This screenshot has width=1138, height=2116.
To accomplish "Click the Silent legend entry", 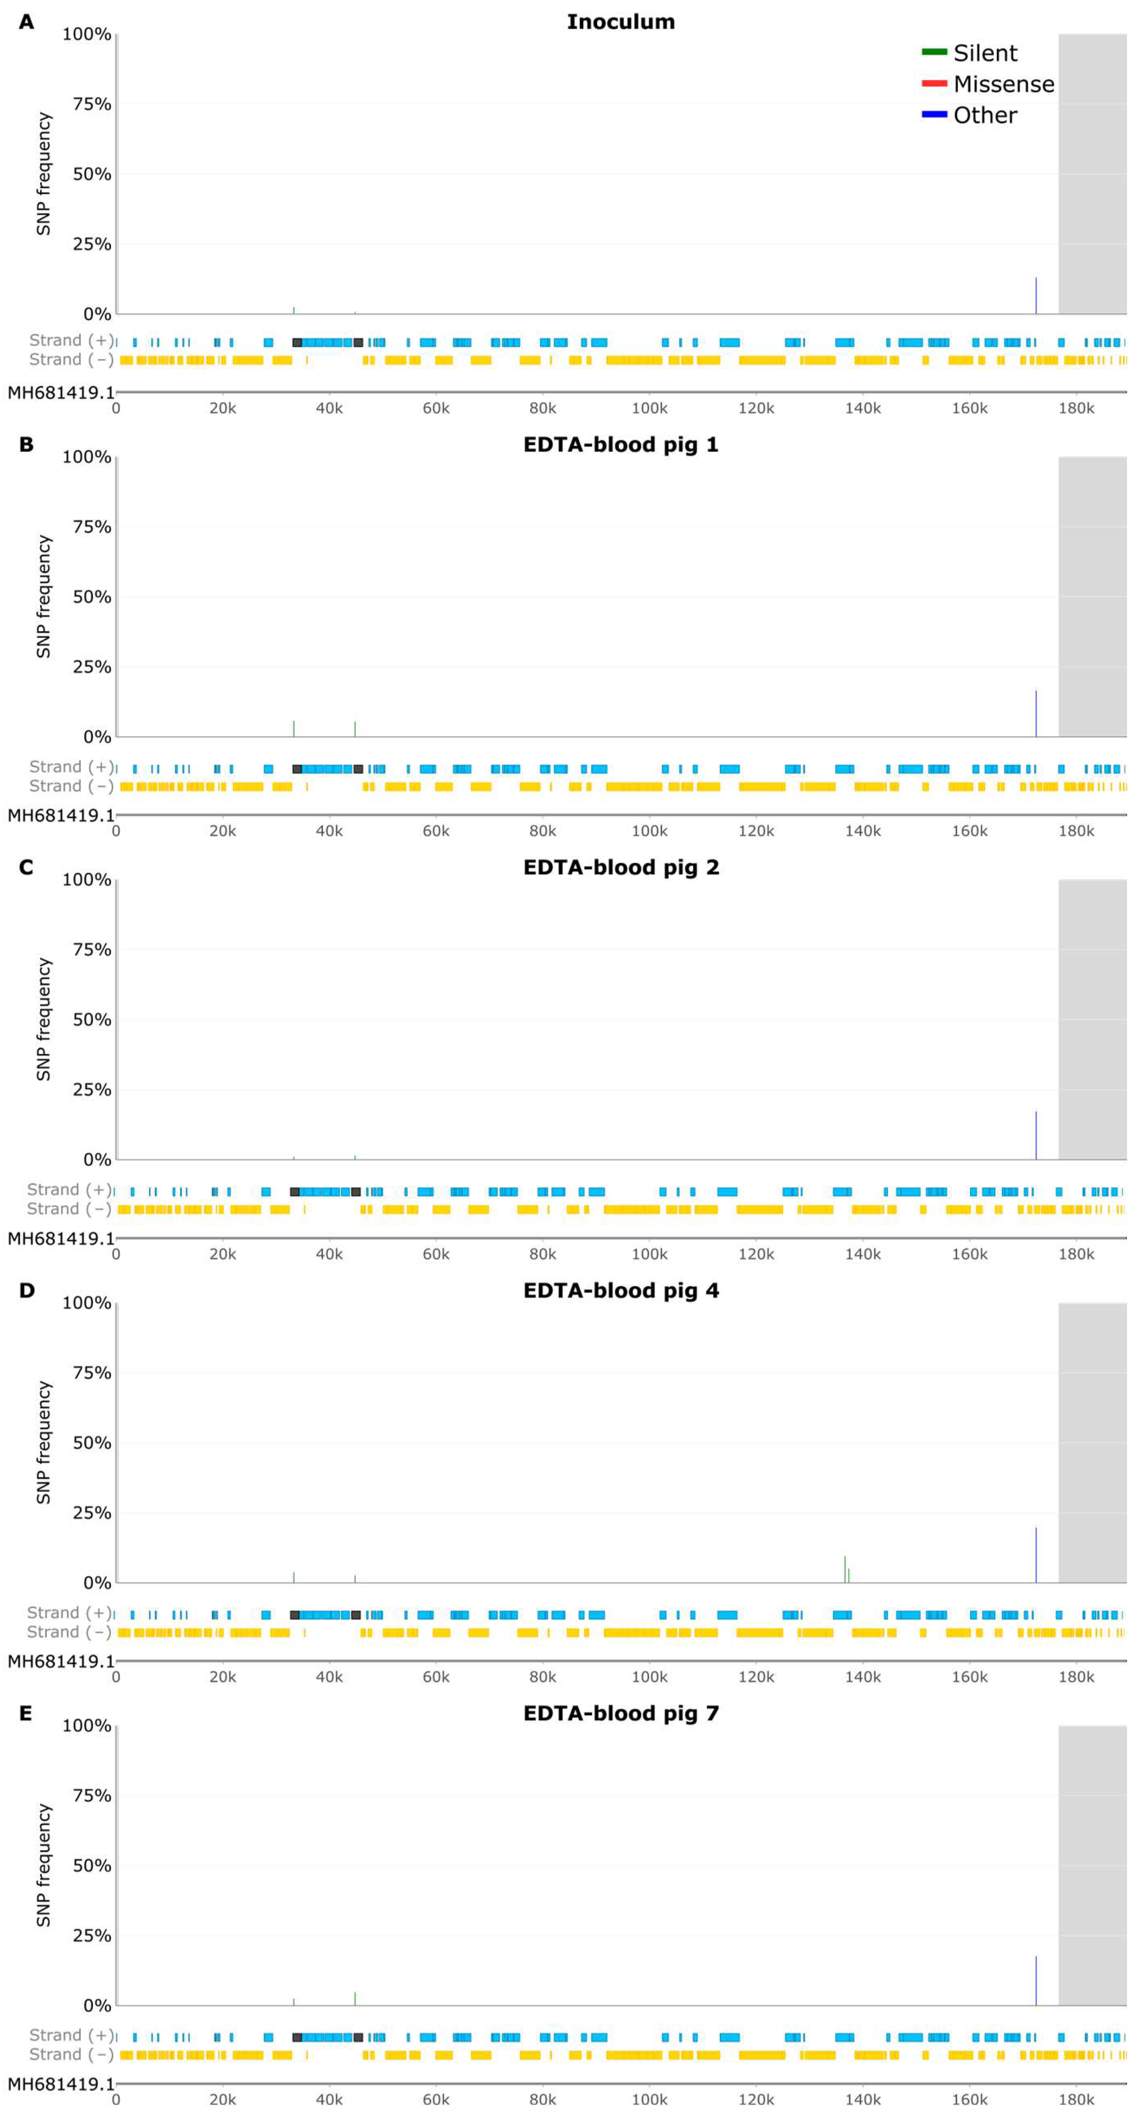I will (984, 53).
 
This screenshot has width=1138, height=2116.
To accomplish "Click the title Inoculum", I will (620, 22).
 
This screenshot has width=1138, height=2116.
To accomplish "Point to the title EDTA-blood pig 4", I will (620, 1290).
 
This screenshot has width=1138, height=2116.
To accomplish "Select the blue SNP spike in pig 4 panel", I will (1035, 1555).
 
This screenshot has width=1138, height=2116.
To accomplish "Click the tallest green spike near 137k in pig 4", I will (845, 1569).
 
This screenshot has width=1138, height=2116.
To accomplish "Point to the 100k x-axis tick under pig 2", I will (649, 1254).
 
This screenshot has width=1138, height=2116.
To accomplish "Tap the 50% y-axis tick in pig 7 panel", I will (91, 1866).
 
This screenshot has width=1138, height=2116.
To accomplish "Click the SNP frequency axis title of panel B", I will (43, 597).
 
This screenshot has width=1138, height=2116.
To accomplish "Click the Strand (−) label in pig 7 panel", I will (70, 2054).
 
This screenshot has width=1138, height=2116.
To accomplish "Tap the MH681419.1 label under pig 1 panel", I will (60, 816).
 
